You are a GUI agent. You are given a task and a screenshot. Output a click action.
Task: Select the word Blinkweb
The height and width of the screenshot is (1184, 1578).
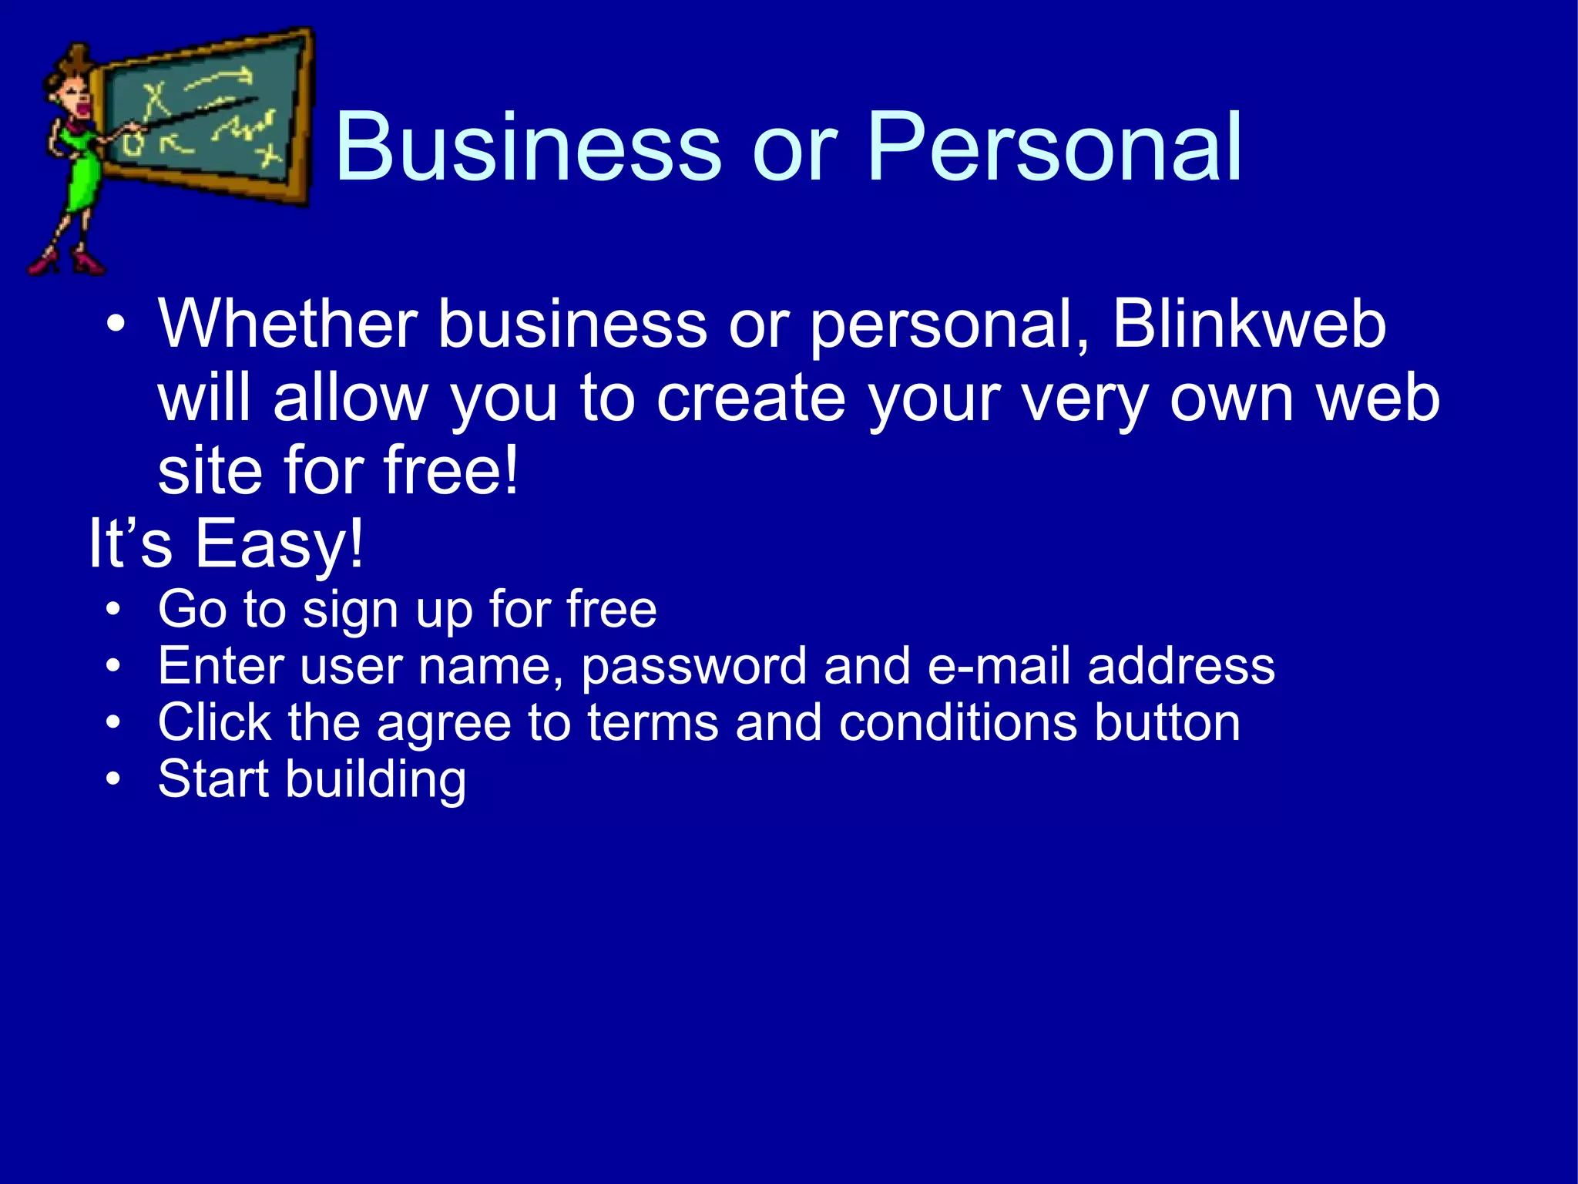pos(1249,325)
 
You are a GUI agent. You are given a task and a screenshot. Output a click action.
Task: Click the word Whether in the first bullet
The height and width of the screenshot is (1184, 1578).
pos(288,325)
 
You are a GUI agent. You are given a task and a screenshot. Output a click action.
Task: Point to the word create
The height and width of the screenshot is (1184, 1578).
pos(751,399)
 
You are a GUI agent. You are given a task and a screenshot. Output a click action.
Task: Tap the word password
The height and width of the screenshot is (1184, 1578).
pos(693,667)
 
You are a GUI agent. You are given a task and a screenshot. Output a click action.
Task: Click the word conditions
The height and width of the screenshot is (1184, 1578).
pos(958,722)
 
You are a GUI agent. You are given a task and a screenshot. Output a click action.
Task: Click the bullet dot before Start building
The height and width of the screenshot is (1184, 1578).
pos(114,779)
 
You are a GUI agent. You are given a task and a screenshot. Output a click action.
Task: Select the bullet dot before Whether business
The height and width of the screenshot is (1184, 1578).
pos(116,325)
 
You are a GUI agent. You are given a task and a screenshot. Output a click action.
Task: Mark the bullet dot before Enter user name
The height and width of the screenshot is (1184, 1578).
pos(114,666)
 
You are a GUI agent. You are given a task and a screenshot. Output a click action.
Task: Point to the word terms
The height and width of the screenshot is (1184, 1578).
pos(653,722)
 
